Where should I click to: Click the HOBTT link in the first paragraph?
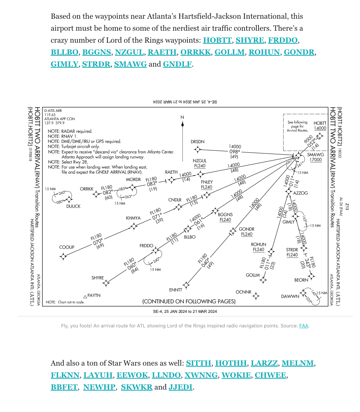(x=217, y=40)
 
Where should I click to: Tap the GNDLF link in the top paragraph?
(x=177, y=64)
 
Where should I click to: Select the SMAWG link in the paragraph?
(x=130, y=64)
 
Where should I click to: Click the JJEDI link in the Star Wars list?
(x=180, y=387)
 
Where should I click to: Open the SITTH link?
(x=198, y=363)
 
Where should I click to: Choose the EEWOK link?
(x=128, y=375)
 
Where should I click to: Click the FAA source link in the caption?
(x=303, y=326)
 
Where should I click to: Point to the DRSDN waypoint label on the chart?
(x=197, y=142)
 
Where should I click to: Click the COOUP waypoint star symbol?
(x=63, y=256)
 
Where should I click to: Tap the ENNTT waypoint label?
(x=176, y=290)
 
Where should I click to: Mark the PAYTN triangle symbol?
(x=85, y=296)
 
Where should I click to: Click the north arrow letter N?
(x=182, y=117)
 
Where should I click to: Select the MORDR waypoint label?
(x=133, y=180)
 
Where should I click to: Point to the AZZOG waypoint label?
(x=300, y=193)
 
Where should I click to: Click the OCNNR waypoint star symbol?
(x=256, y=296)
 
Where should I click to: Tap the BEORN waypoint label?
(x=301, y=280)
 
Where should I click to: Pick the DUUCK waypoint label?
(x=73, y=206)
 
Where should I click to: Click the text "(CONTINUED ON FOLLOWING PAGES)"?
(x=189, y=302)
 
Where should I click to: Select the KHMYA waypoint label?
(x=133, y=218)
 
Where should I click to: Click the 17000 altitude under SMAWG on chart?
(x=315, y=160)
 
